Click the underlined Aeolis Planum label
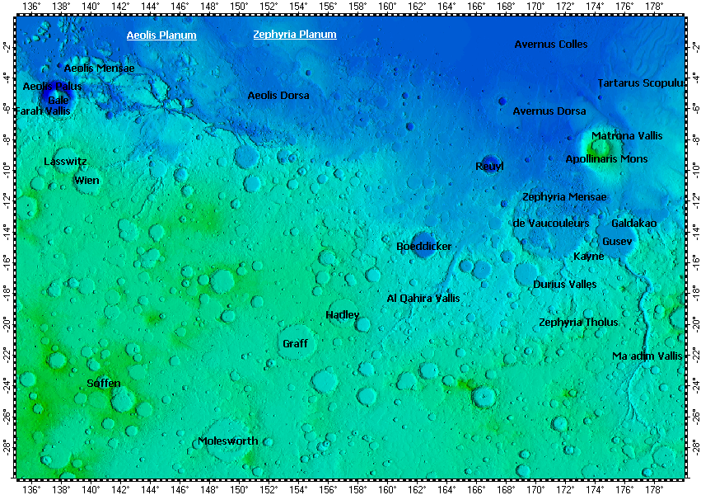coord(161,35)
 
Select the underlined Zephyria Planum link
coord(295,35)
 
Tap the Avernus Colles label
coord(551,44)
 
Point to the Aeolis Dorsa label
coord(278,96)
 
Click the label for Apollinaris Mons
coord(606,158)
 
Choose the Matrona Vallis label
coord(627,135)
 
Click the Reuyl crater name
coord(489,167)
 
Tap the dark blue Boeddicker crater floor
coord(423,244)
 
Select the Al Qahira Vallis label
coord(423,298)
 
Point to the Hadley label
coord(343,315)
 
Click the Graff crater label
coord(295,343)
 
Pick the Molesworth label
coord(228,441)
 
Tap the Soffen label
coord(104,384)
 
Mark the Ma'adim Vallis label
coord(647,356)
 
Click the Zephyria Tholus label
coord(578,323)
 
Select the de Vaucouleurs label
coord(551,224)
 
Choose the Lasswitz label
coord(65,162)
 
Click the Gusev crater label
coord(617,241)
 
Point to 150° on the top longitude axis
coord(239,7)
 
